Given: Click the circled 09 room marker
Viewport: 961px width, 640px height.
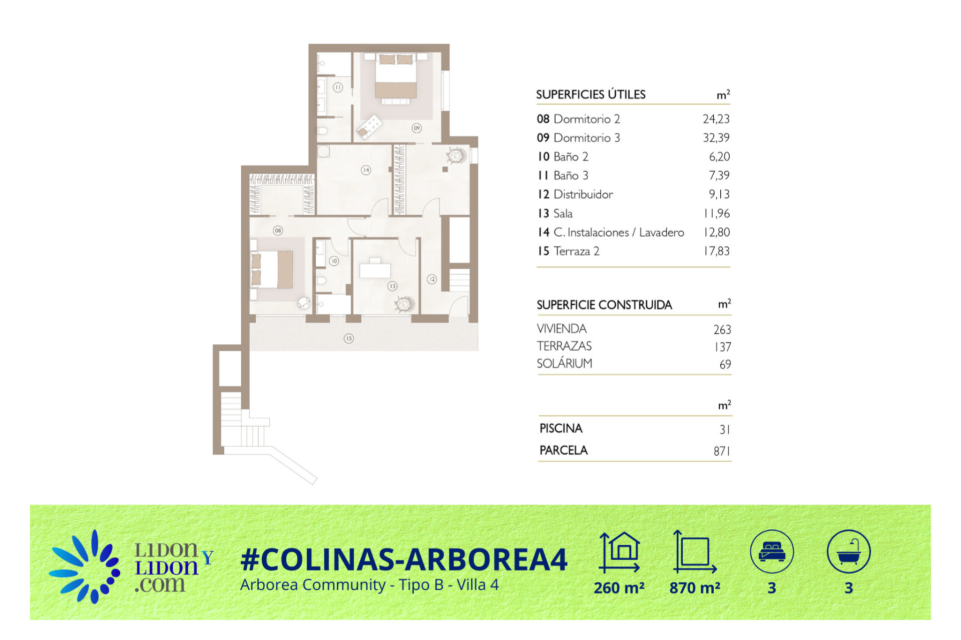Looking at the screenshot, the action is coord(416,128).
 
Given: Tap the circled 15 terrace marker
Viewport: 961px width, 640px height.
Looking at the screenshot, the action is coord(349,338).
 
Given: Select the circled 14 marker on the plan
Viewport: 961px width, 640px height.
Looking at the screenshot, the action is coord(366,170).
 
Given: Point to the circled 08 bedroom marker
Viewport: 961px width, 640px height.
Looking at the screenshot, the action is coord(278,230).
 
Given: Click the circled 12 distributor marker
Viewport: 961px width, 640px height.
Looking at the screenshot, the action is coord(431,279).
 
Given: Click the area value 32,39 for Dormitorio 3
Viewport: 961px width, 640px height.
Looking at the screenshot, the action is coord(716,137).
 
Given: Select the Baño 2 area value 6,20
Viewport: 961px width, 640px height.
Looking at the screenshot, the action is coord(719,156).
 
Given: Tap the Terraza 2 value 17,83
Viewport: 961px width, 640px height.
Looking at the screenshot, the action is coord(717,251).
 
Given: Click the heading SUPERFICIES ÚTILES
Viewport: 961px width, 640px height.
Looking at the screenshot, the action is coord(591,94).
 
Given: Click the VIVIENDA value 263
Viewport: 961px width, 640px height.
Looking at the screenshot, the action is coord(722,329).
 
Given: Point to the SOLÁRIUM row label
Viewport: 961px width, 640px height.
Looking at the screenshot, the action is coord(564,363).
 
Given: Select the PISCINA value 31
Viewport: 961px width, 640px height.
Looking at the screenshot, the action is coord(724,429).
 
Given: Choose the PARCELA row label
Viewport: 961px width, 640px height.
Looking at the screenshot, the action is coord(564,450).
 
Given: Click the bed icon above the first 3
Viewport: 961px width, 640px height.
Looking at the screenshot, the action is coord(772,551).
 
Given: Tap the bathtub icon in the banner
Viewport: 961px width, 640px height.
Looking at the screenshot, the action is coord(849,551).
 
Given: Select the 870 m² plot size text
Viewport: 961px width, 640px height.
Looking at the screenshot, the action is coord(695,588).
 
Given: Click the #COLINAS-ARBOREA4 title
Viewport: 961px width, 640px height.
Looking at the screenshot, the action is coord(404,559).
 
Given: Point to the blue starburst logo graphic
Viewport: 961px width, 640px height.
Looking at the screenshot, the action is coord(85,566).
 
